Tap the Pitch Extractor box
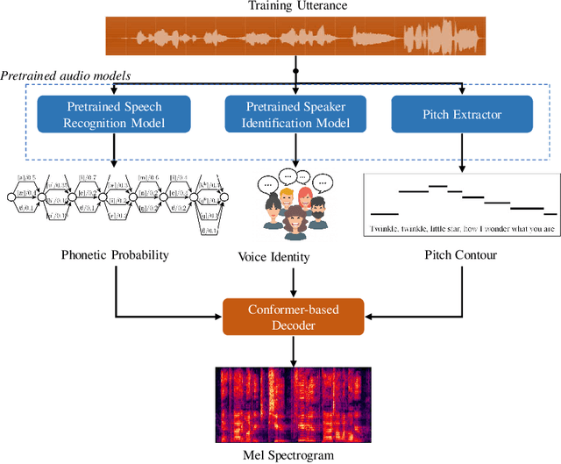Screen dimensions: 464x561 [461, 113]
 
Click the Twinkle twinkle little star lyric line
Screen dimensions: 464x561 [462, 230]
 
